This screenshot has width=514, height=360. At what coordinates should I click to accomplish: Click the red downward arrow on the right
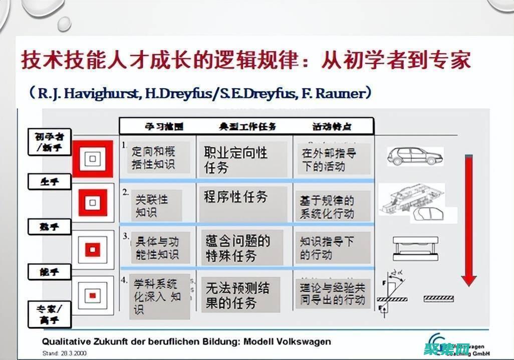tap(468, 221)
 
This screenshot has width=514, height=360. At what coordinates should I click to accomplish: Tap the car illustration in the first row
tap(414, 156)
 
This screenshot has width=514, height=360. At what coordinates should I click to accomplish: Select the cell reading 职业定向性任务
tap(236, 160)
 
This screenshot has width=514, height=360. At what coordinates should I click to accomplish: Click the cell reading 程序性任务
tap(236, 197)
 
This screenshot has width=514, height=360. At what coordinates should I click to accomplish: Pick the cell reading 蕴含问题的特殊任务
tap(238, 248)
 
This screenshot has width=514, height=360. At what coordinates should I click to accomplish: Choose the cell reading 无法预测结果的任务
tap(238, 295)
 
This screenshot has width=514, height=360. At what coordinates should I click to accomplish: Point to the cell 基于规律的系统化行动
tap(328, 207)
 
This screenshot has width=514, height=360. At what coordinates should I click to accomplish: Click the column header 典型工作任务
tap(247, 126)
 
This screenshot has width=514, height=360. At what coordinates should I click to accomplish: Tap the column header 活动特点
tap(332, 126)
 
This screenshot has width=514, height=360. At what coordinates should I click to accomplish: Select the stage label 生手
tap(50, 182)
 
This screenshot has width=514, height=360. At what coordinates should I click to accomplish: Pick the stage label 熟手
tap(50, 227)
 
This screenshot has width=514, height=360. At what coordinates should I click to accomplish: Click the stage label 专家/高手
tap(50, 313)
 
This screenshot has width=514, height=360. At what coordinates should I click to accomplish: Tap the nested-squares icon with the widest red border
tap(92, 159)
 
